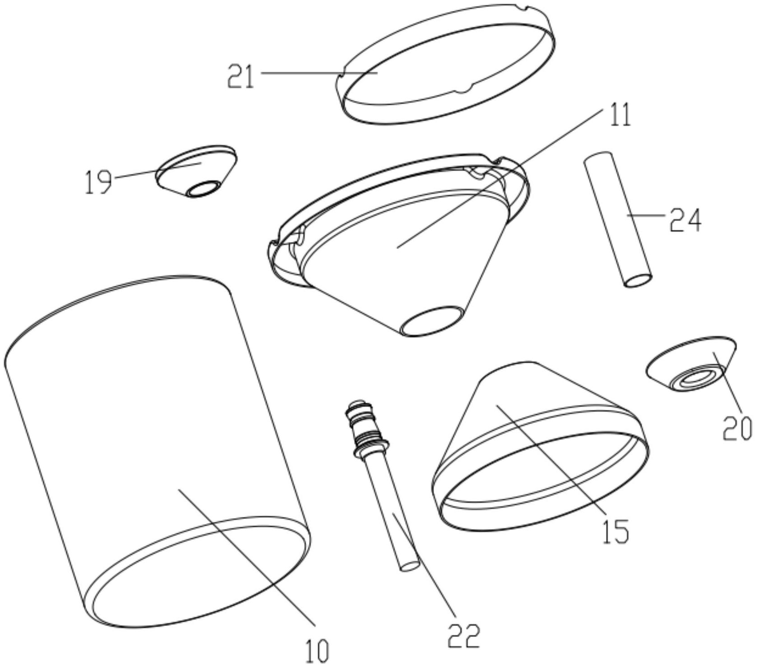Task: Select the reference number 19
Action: pyautogui.click(x=98, y=181)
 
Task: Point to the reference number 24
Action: pyautogui.click(x=686, y=220)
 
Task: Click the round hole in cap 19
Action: pyautogui.click(x=203, y=189)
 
